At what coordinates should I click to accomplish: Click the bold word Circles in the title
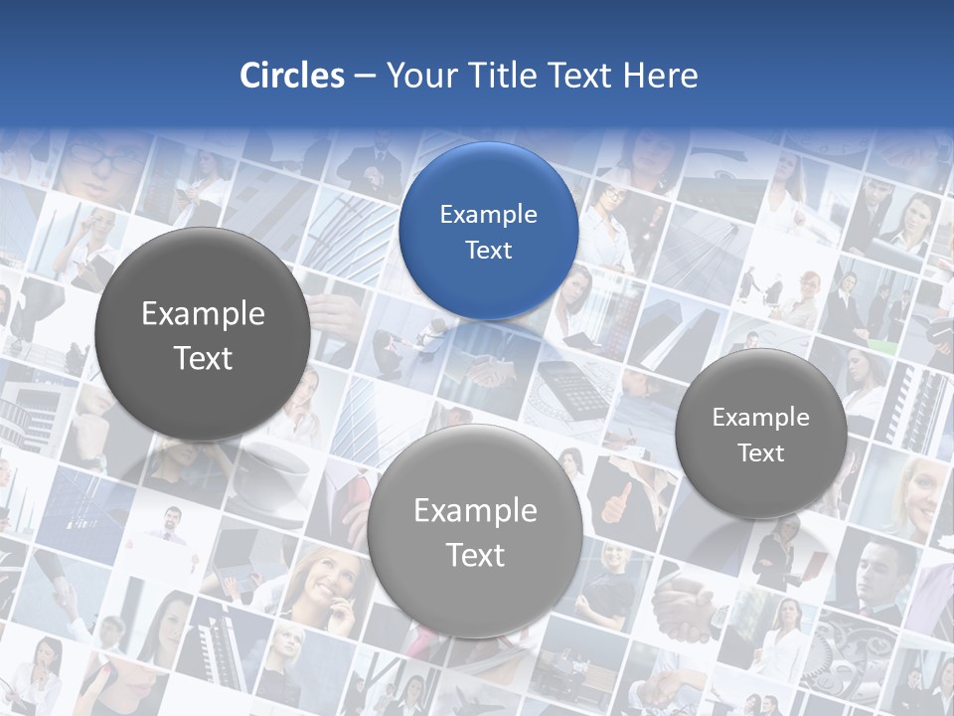(x=292, y=76)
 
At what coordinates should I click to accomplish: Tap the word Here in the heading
(x=660, y=76)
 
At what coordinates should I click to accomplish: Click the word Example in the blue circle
(x=489, y=214)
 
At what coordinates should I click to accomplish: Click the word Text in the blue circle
(x=489, y=250)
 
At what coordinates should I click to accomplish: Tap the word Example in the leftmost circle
(x=203, y=314)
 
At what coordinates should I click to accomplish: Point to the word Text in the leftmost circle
(x=203, y=358)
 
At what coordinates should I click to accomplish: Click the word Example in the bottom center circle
(x=475, y=511)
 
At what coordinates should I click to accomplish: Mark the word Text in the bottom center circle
(x=475, y=555)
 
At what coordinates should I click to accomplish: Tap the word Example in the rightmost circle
(x=761, y=418)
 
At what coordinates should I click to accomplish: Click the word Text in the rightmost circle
(x=761, y=453)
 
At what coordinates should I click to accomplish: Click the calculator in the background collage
(x=575, y=386)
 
